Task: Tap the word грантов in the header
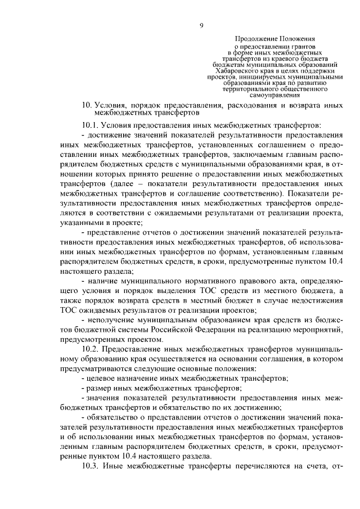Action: coord(303,46)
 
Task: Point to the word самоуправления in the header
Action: coord(275,95)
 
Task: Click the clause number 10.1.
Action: coord(90,124)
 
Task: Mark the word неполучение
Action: coord(111,319)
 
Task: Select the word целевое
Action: coord(102,379)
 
